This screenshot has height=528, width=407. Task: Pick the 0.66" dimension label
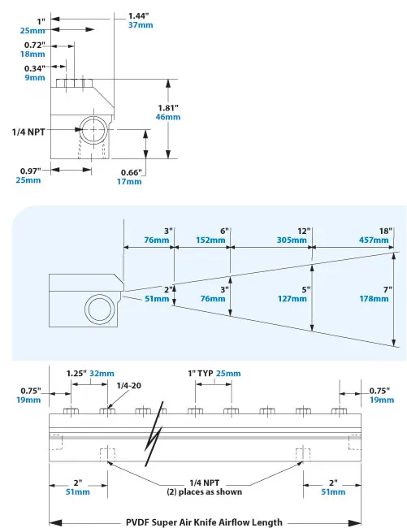coord(131,171)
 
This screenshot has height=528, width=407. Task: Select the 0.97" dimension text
coord(31,171)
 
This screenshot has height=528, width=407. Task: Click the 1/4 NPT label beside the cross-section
coord(29,130)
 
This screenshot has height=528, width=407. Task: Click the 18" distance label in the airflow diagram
coord(384,230)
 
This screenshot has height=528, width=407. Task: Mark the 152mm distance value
coord(210,240)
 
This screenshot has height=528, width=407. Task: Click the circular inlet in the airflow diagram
coord(103,309)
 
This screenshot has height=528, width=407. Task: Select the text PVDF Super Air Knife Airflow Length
coord(203,522)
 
